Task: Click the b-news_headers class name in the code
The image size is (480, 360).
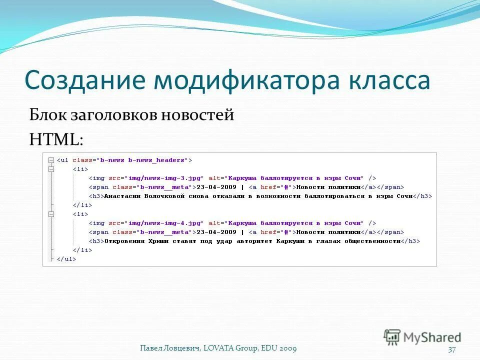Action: tap(157, 160)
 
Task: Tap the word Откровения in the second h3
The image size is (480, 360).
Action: tap(124, 241)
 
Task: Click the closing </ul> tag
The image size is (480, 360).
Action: tap(66, 259)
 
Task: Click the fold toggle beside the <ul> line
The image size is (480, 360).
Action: tap(50, 160)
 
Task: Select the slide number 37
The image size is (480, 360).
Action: tap(452, 349)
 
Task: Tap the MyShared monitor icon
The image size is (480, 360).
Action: tap(392, 336)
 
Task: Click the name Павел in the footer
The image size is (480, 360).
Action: tap(151, 348)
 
